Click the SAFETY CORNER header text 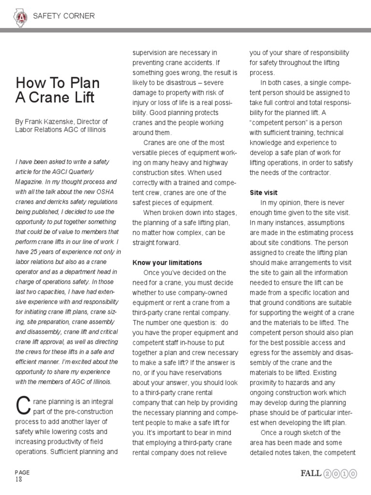point(63,16)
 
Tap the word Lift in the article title point(79,97)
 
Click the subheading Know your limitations point(167,262)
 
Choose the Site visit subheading point(263,192)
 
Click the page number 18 point(18,480)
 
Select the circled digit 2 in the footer point(329,474)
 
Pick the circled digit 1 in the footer point(345,474)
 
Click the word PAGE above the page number point(22,472)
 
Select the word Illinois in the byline point(95,130)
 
